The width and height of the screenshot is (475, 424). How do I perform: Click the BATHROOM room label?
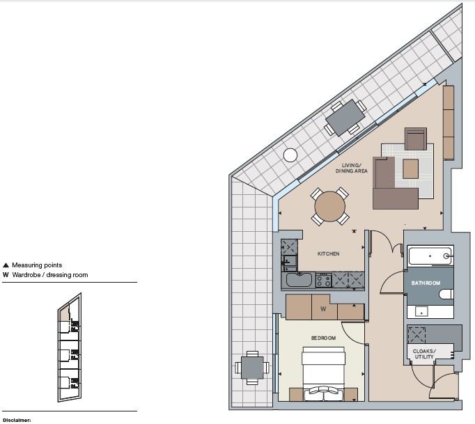[426, 283]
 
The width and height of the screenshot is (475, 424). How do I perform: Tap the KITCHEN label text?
[328, 254]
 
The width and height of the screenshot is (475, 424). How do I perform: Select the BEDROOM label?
[324, 338]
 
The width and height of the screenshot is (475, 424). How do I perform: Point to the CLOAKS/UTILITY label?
[424, 354]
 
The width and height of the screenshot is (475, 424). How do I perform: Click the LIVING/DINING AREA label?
[352, 168]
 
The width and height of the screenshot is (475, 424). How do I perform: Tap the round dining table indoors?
[330, 207]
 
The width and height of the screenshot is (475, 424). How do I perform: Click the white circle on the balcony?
[290, 155]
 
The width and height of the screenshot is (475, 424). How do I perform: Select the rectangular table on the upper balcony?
[345, 118]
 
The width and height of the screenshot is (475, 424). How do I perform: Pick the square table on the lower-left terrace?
[252, 368]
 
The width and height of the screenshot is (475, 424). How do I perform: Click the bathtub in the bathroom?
[430, 256]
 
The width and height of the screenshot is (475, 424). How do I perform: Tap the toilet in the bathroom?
[446, 294]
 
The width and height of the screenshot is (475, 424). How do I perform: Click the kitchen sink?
[299, 280]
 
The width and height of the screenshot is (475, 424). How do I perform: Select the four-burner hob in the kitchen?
[324, 280]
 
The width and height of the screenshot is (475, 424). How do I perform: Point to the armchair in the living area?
[416, 139]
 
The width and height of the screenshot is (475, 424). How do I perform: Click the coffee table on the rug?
[410, 168]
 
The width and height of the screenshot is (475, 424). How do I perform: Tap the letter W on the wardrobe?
[323, 309]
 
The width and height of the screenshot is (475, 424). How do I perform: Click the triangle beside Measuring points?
[6, 265]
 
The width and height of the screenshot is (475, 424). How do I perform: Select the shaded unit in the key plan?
[64, 313]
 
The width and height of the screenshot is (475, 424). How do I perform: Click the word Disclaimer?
[17, 421]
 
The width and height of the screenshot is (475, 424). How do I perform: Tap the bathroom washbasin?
[421, 312]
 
